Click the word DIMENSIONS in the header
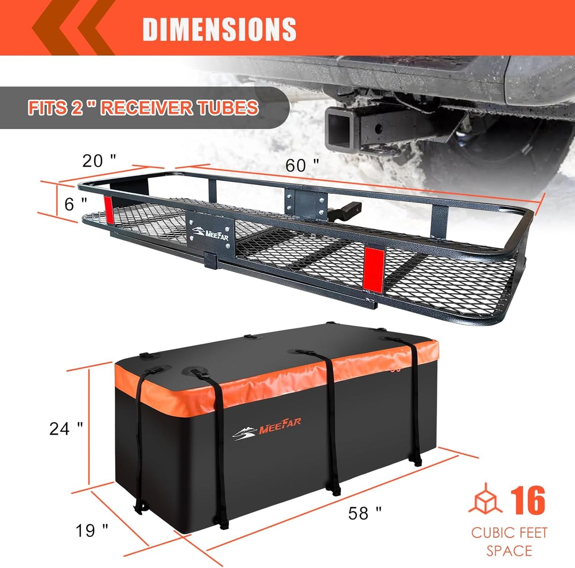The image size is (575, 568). coord(219,29)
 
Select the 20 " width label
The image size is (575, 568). coord(99,161)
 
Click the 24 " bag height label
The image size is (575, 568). coord(66,429)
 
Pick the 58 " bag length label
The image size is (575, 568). coord(364,513)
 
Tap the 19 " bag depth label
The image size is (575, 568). coord(92,530)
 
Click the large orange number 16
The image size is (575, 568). coord(528,501)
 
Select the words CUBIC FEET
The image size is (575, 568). coord(509,533)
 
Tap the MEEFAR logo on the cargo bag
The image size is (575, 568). coord(267,430)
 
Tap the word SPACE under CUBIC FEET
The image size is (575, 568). coord(509,551)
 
